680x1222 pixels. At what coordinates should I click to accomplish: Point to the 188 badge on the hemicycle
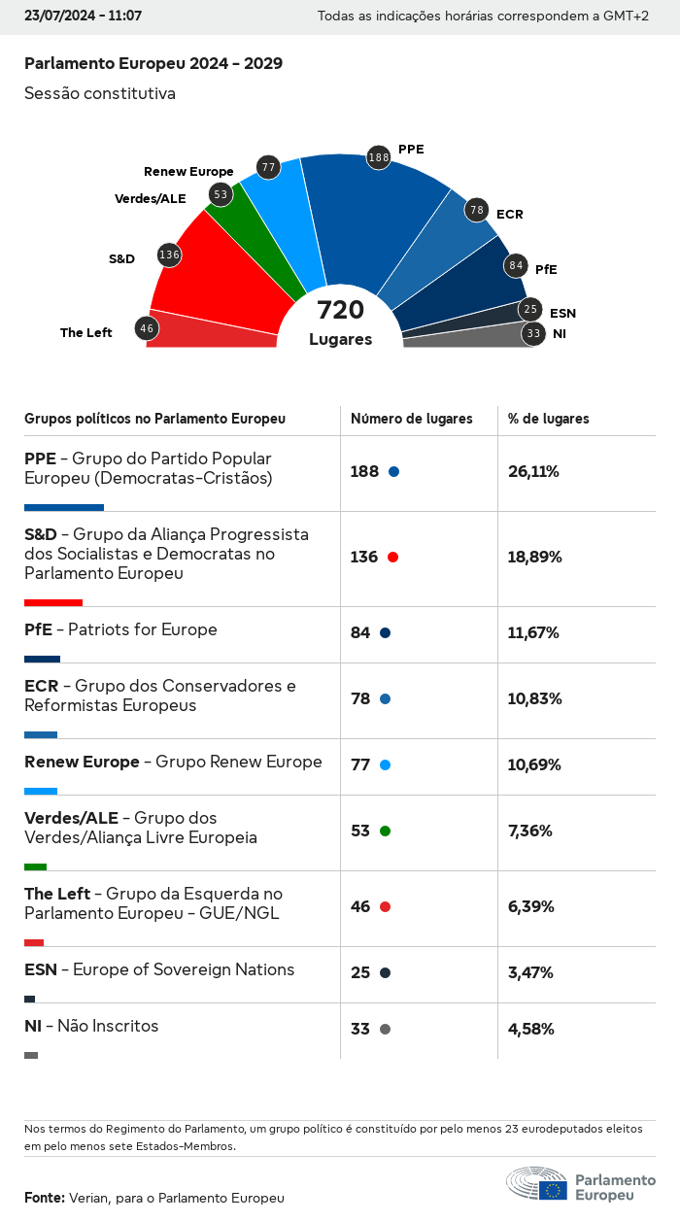(379, 157)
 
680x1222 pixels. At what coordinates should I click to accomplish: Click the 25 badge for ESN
(529, 310)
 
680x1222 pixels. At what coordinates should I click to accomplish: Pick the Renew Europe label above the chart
(188, 172)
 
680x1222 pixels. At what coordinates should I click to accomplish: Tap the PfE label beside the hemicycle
(546, 269)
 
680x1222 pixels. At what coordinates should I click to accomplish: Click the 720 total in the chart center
(340, 310)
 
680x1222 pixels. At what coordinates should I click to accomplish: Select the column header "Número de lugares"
(411, 419)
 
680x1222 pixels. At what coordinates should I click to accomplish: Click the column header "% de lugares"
(548, 419)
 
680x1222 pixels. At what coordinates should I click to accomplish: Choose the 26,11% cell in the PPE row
(533, 472)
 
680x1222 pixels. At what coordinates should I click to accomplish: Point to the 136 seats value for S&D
(364, 558)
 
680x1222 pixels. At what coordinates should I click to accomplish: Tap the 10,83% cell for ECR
(534, 699)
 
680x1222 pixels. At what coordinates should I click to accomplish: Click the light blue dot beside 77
(385, 765)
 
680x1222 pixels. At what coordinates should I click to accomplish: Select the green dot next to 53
(385, 832)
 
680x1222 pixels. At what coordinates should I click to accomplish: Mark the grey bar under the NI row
(31, 1055)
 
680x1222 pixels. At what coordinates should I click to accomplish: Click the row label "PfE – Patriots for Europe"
(120, 629)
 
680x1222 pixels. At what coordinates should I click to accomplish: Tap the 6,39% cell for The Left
(531, 907)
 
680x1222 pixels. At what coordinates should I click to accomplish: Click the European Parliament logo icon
(536, 1185)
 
